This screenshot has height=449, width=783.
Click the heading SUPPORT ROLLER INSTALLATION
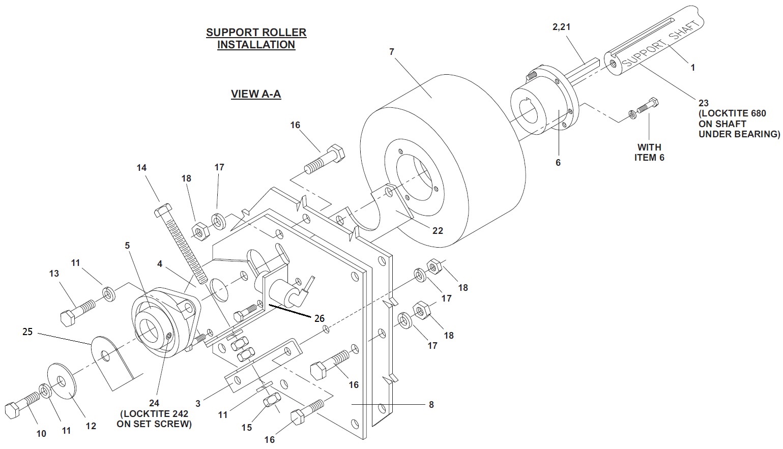coord(256,39)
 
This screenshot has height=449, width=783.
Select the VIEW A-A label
coord(256,94)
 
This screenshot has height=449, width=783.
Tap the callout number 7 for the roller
coord(392,52)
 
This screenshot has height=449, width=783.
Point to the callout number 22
coord(438,231)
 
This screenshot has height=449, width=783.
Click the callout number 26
coord(320,318)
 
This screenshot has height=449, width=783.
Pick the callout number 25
coord(27,332)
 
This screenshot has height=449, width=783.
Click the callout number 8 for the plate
coord(431,405)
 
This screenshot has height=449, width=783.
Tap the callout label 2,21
coord(561,27)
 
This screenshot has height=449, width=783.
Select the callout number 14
coord(141,168)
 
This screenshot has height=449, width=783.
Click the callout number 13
coord(54,273)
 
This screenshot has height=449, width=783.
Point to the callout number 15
coord(247,427)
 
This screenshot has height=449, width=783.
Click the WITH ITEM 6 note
coord(649,153)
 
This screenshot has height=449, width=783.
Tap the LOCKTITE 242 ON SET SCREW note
coord(154,419)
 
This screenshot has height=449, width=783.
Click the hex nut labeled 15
coord(272,399)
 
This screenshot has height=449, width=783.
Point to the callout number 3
coord(198,404)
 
